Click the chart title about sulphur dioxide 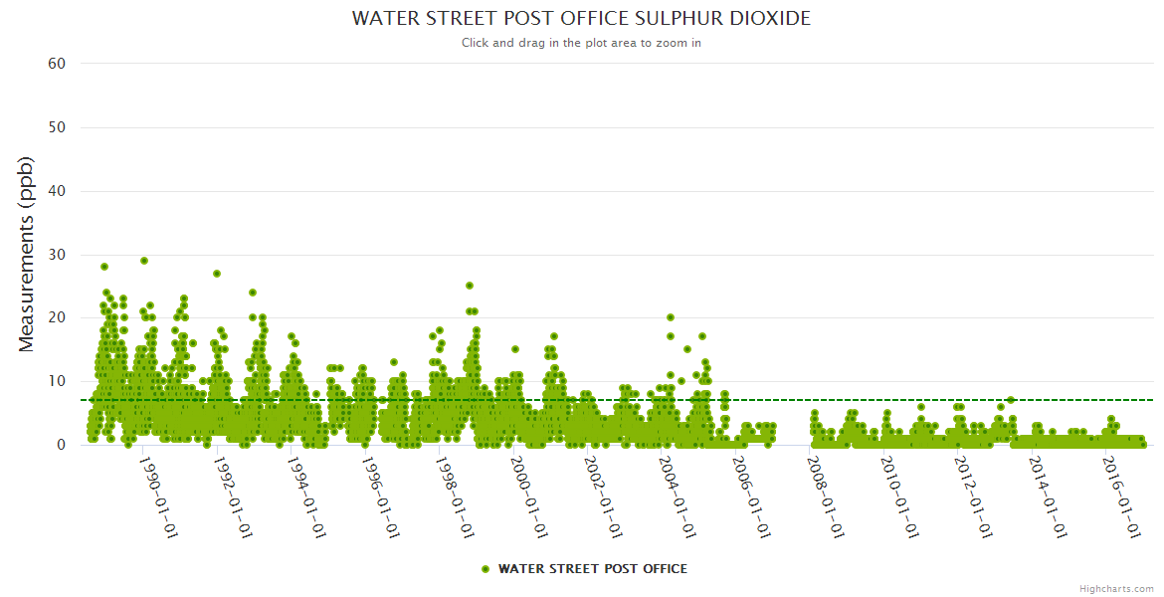tap(581, 19)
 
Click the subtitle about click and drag tap(581, 43)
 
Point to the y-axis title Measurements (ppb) tap(27, 254)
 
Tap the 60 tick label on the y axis tap(57, 64)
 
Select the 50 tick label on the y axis tap(57, 127)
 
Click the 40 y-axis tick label tap(57, 191)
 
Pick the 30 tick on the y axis tap(57, 255)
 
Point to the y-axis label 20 tap(57, 317)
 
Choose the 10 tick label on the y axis tap(57, 381)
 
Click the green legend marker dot tap(485, 569)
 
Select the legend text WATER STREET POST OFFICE tap(592, 569)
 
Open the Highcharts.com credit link tap(1116, 588)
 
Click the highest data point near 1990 tap(144, 261)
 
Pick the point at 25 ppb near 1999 tap(470, 287)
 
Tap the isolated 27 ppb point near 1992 tap(217, 274)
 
